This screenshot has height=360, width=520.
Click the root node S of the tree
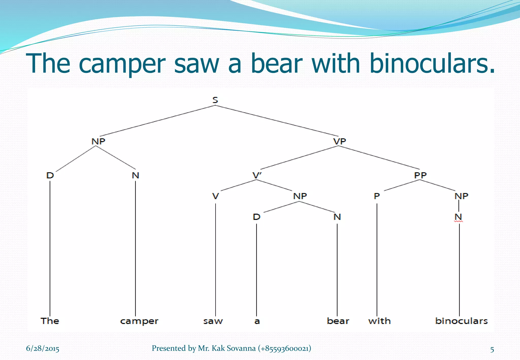click(x=215, y=100)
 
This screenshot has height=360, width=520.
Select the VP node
click(x=339, y=141)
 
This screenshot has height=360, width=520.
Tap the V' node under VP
click(x=257, y=175)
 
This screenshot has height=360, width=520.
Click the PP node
click(x=420, y=175)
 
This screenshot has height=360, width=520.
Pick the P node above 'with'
click(x=377, y=196)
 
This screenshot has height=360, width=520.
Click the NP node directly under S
click(x=98, y=141)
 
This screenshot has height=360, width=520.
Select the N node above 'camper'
click(x=135, y=175)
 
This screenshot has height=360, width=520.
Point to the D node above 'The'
click(x=50, y=175)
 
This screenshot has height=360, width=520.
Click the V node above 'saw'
click(x=215, y=196)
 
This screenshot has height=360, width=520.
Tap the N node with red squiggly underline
click(x=458, y=217)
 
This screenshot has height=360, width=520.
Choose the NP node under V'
click(x=300, y=196)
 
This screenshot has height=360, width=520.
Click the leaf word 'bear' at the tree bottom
click(x=338, y=321)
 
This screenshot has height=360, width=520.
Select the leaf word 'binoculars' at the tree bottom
click(x=461, y=321)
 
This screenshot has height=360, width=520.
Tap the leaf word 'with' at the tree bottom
click(x=379, y=321)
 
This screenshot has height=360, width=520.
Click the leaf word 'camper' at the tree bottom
click(x=139, y=321)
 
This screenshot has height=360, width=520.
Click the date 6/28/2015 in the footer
click(x=42, y=348)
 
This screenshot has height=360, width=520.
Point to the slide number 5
click(x=492, y=350)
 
